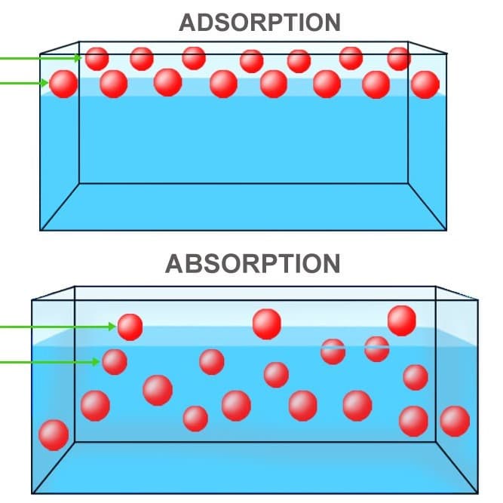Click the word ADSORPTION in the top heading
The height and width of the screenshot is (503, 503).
[260, 23]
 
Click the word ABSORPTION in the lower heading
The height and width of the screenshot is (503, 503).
[253, 264]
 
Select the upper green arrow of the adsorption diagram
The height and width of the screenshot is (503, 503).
[41, 58]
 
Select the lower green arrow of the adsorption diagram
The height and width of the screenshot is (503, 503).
[24, 84]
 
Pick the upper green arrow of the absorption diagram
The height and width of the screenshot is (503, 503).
[58, 327]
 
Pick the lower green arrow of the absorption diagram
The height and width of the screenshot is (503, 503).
[50, 362]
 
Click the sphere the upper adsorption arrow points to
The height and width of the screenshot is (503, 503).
[97, 59]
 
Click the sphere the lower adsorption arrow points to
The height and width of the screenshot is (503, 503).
[63, 84]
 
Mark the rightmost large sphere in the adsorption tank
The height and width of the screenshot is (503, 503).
[425, 84]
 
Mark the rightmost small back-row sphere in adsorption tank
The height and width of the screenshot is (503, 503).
[399, 59]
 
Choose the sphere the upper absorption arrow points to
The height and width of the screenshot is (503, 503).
[130, 327]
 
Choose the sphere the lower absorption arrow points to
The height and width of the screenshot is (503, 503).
[115, 362]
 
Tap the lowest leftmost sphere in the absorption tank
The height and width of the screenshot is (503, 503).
[54, 435]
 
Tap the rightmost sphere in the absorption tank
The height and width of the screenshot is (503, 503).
[455, 422]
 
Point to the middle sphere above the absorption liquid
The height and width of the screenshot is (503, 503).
[267, 324]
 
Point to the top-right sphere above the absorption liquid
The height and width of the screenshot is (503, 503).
[402, 321]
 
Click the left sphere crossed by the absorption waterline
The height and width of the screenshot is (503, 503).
[333, 351]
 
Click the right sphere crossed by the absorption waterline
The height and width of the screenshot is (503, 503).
[377, 349]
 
